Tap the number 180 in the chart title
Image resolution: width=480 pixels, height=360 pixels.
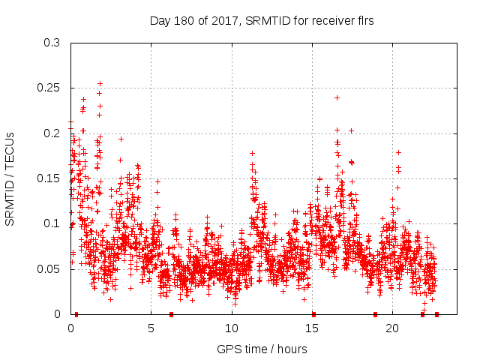tap(183, 20)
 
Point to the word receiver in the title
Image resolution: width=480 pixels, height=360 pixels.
tap(326, 20)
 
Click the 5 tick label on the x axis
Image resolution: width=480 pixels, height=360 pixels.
tap(151, 328)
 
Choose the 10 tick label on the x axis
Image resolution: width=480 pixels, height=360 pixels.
tap(232, 328)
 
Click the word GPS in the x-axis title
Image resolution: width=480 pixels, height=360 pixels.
tap(229, 349)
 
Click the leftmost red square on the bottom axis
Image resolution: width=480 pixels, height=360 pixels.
tap(76, 314)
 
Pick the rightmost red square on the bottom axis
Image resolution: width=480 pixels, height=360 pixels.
tap(436, 314)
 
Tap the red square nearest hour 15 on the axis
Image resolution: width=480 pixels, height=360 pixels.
tap(313, 314)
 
